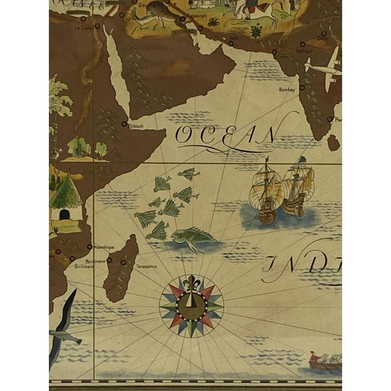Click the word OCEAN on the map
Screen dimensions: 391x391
pos(225,136)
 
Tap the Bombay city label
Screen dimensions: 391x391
pos(288,89)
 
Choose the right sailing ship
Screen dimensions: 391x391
pos(299,186)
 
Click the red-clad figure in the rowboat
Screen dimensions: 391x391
pos(313,356)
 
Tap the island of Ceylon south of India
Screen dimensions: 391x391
pos(333,142)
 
